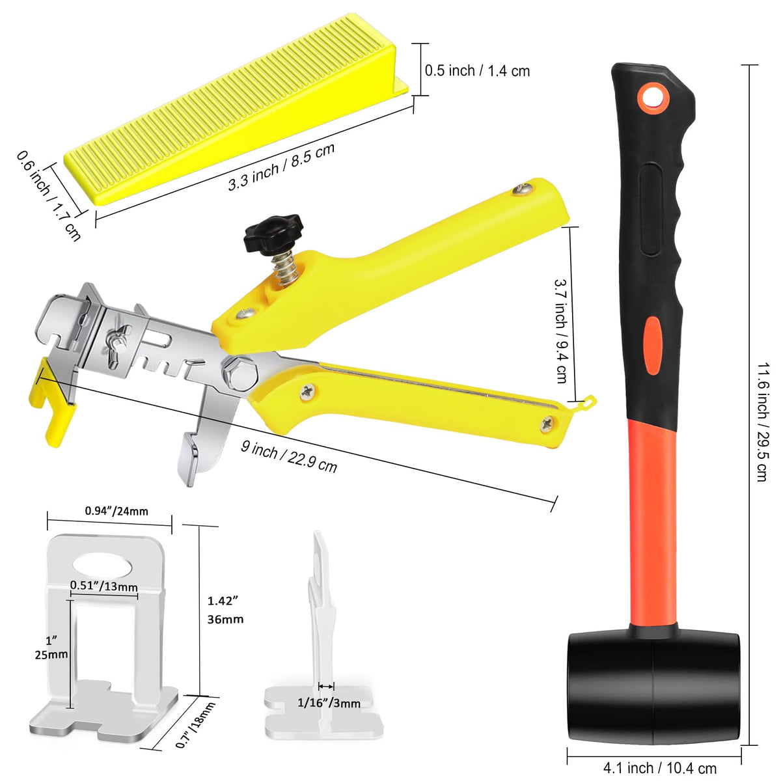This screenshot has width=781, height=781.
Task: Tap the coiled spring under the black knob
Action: (x=286, y=269)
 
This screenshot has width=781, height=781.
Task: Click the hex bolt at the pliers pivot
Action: (x=240, y=372)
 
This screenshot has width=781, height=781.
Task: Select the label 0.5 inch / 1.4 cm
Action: (x=477, y=71)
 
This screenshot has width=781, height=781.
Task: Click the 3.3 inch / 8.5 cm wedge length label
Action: (x=281, y=167)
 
